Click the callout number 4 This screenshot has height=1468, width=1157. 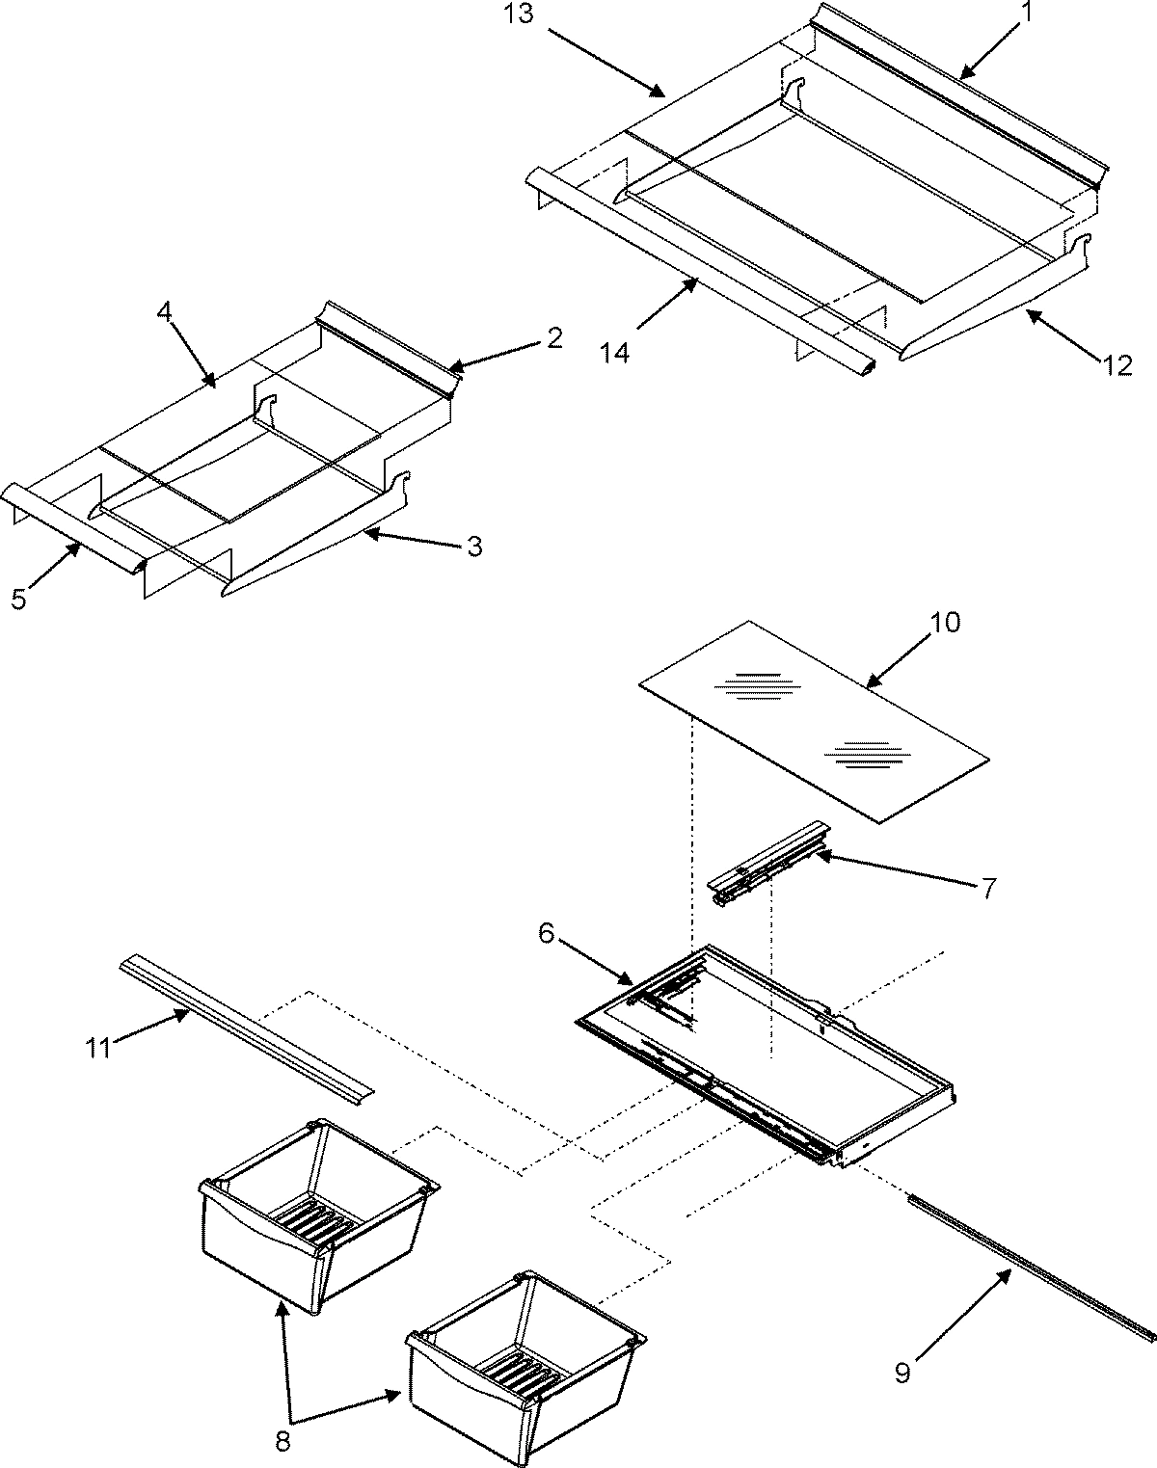165,313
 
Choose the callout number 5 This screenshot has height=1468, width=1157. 20,600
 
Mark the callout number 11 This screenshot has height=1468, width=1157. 98,1047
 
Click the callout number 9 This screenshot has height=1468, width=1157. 901,1373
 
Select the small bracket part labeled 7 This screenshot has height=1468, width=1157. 768,863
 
